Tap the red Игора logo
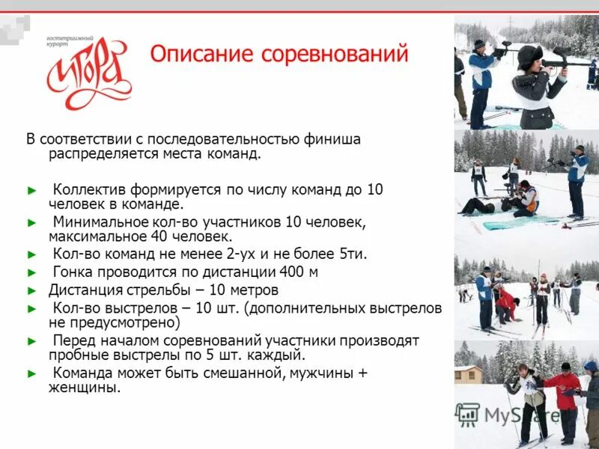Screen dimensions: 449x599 coord(89,73)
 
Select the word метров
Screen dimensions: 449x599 coord(252,290)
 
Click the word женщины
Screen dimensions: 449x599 coord(84,388)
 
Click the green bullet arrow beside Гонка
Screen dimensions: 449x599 coord(31,272)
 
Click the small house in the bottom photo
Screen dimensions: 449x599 coord(469,373)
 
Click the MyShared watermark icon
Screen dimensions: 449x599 coord(468,414)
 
